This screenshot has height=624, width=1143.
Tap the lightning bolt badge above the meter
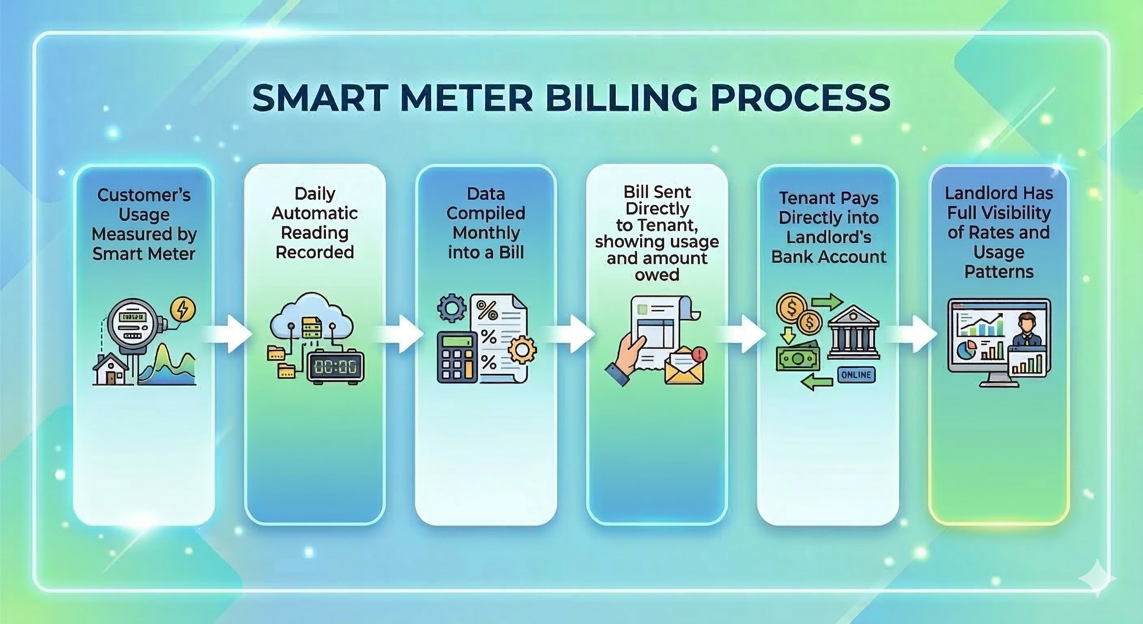[182, 310]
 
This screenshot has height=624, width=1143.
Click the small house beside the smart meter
[110, 370]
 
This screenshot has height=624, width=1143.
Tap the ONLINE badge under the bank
[856, 375]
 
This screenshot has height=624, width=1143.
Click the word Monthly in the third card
[486, 233]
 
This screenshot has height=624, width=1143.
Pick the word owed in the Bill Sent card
[657, 274]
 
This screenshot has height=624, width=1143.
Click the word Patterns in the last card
[999, 272]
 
